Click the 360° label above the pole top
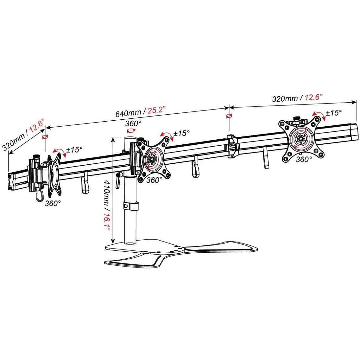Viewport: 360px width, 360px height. (133, 123)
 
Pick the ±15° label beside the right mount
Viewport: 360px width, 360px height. (334, 113)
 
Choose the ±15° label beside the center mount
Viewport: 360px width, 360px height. (182, 133)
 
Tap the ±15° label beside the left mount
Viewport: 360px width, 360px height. (74, 150)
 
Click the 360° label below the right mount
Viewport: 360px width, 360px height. (304, 159)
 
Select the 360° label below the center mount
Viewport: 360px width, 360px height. (154, 180)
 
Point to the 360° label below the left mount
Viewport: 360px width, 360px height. (53, 203)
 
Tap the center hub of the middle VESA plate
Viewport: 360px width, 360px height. (151, 158)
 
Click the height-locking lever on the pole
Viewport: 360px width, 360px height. (118, 180)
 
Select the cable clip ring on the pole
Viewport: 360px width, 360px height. (131, 206)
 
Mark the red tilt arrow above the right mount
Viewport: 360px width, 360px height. (319, 115)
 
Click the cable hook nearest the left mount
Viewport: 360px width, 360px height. (85, 183)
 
